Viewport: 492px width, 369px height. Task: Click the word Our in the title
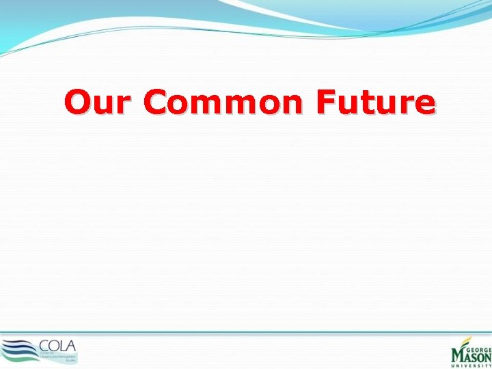pos(99,102)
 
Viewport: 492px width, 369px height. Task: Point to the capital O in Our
pos(78,102)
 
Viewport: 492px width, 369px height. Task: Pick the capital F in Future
pos(326,102)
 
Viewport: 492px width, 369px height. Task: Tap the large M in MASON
pos(456,355)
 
